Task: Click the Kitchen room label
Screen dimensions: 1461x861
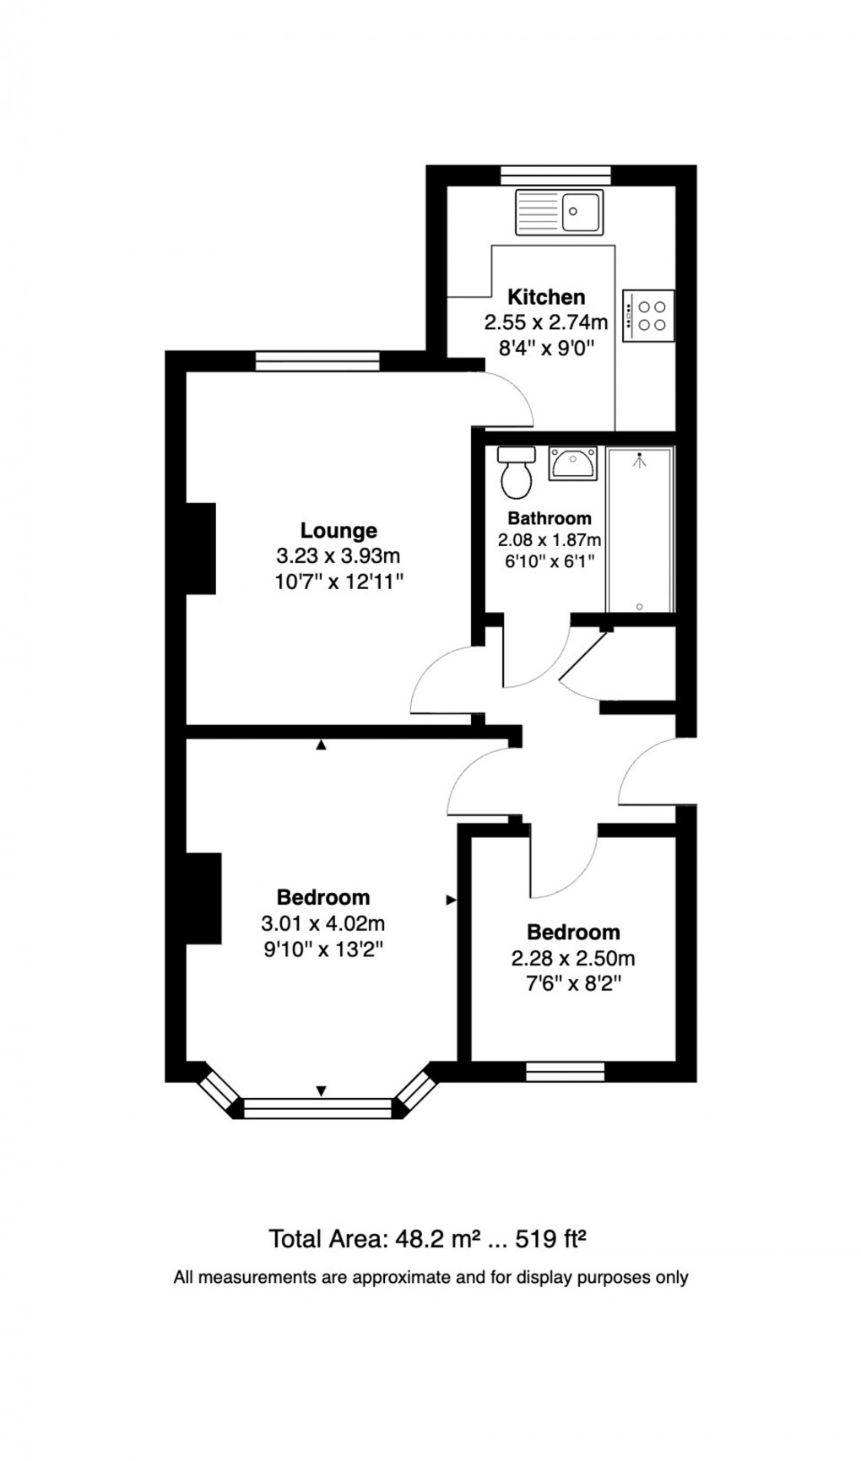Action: pyautogui.click(x=546, y=297)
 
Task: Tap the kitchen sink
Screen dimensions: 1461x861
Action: pyautogui.click(x=559, y=212)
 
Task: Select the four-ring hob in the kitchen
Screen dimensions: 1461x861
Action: pyautogui.click(x=648, y=316)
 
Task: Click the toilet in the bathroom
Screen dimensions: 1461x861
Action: pyautogui.click(x=516, y=473)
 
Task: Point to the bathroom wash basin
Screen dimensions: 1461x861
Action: pyautogui.click(x=573, y=463)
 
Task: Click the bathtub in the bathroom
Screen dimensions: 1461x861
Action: pyautogui.click(x=640, y=530)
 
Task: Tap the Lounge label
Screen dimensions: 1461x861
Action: pyautogui.click(x=338, y=531)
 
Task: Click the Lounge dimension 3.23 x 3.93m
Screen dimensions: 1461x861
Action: pyautogui.click(x=338, y=556)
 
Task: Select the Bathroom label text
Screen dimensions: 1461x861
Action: pyautogui.click(x=550, y=518)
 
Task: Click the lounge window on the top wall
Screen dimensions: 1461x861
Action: pyautogui.click(x=317, y=361)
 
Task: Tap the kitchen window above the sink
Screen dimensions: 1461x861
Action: pyautogui.click(x=555, y=175)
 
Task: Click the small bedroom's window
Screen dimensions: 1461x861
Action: pyautogui.click(x=565, y=1072)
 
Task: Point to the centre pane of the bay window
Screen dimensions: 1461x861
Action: pyautogui.click(x=318, y=1108)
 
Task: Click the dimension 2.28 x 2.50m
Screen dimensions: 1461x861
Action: pyautogui.click(x=573, y=959)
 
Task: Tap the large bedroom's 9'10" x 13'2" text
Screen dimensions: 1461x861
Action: pyautogui.click(x=323, y=950)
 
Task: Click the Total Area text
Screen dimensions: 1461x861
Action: pyautogui.click(x=427, y=1239)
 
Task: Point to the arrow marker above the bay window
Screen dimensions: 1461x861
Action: pyautogui.click(x=321, y=1091)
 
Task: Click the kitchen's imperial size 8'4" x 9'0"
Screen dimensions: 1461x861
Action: pyautogui.click(x=547, y=348)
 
